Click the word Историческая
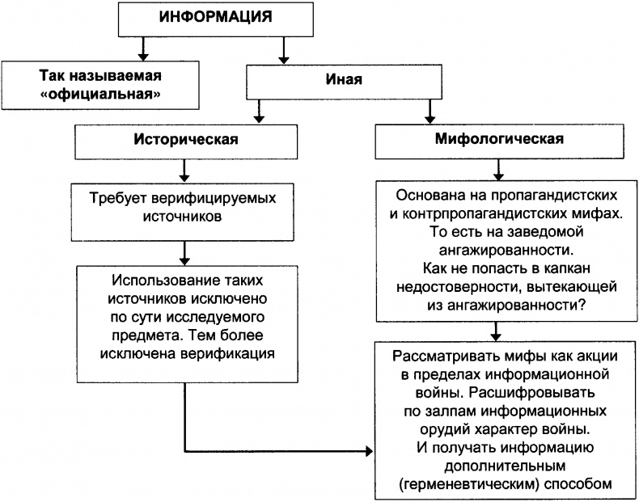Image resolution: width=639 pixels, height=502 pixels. [185, 139]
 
